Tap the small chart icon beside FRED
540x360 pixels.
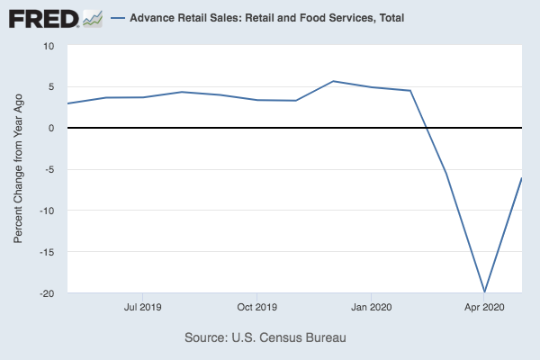coord(93,18)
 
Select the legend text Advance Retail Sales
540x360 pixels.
coord(254,18)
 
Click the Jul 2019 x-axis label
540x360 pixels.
coord(142,307)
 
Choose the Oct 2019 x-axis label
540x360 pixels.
coord(256,307)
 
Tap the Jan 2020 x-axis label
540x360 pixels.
coord(371,307)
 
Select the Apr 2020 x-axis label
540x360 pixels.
coord(484,307)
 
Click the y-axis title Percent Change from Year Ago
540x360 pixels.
coord(18,169)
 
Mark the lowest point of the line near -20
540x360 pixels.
coord(484,292)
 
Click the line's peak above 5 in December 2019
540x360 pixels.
coord(334,81)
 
